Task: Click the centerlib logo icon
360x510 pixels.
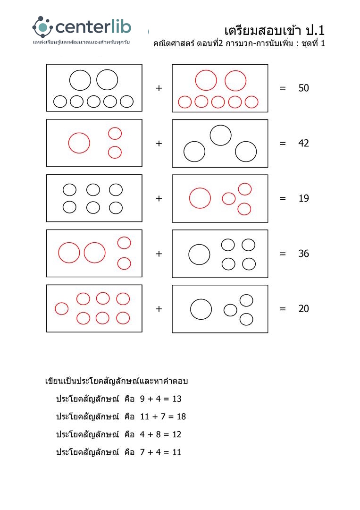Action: pyautogui.click(x=42, y=27)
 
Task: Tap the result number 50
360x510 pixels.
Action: pyautogui.click(x=304, y=88)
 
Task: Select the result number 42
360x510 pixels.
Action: pyautogui.click(x=304, y=144)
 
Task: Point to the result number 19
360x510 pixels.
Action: pyautogui.click(x=304, y=198)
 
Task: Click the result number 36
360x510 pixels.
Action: pyautogui.click(x=304, y=254)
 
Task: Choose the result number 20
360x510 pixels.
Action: pyautogui.click(x=304, y=309)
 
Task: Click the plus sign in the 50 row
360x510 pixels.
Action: pyautogui.click(x=159, y=88)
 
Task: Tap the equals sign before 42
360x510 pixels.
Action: pyautogui.click(x=283, y=144)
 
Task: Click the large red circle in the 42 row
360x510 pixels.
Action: pyautogui.click(x=79, y=143)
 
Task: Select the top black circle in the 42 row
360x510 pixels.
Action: pyautogui.click(x=220, y=136)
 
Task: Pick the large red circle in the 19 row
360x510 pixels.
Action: pyautogui.click(x=200, y=198)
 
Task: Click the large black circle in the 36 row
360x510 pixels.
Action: pyautogui.click(x=199, y=255)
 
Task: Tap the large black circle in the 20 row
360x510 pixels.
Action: pyautogui.click(x=201, y=309)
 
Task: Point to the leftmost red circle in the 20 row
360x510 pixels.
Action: pyautogui.click(x=62, y=308)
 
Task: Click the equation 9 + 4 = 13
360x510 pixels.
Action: pyautogui.click(x=160, y=399)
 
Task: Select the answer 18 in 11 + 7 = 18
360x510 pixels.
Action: pyautogui.click(x=181, y=416)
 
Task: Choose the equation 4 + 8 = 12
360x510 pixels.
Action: pyautogui.click(x=160, y=434)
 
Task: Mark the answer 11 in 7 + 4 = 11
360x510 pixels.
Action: pyautogui.click(x=176, y=452)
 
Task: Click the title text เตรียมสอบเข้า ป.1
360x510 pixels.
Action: pyautogui.click(x=275, y=31)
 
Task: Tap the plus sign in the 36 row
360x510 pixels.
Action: pyautogui.click(x=159, y=254)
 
